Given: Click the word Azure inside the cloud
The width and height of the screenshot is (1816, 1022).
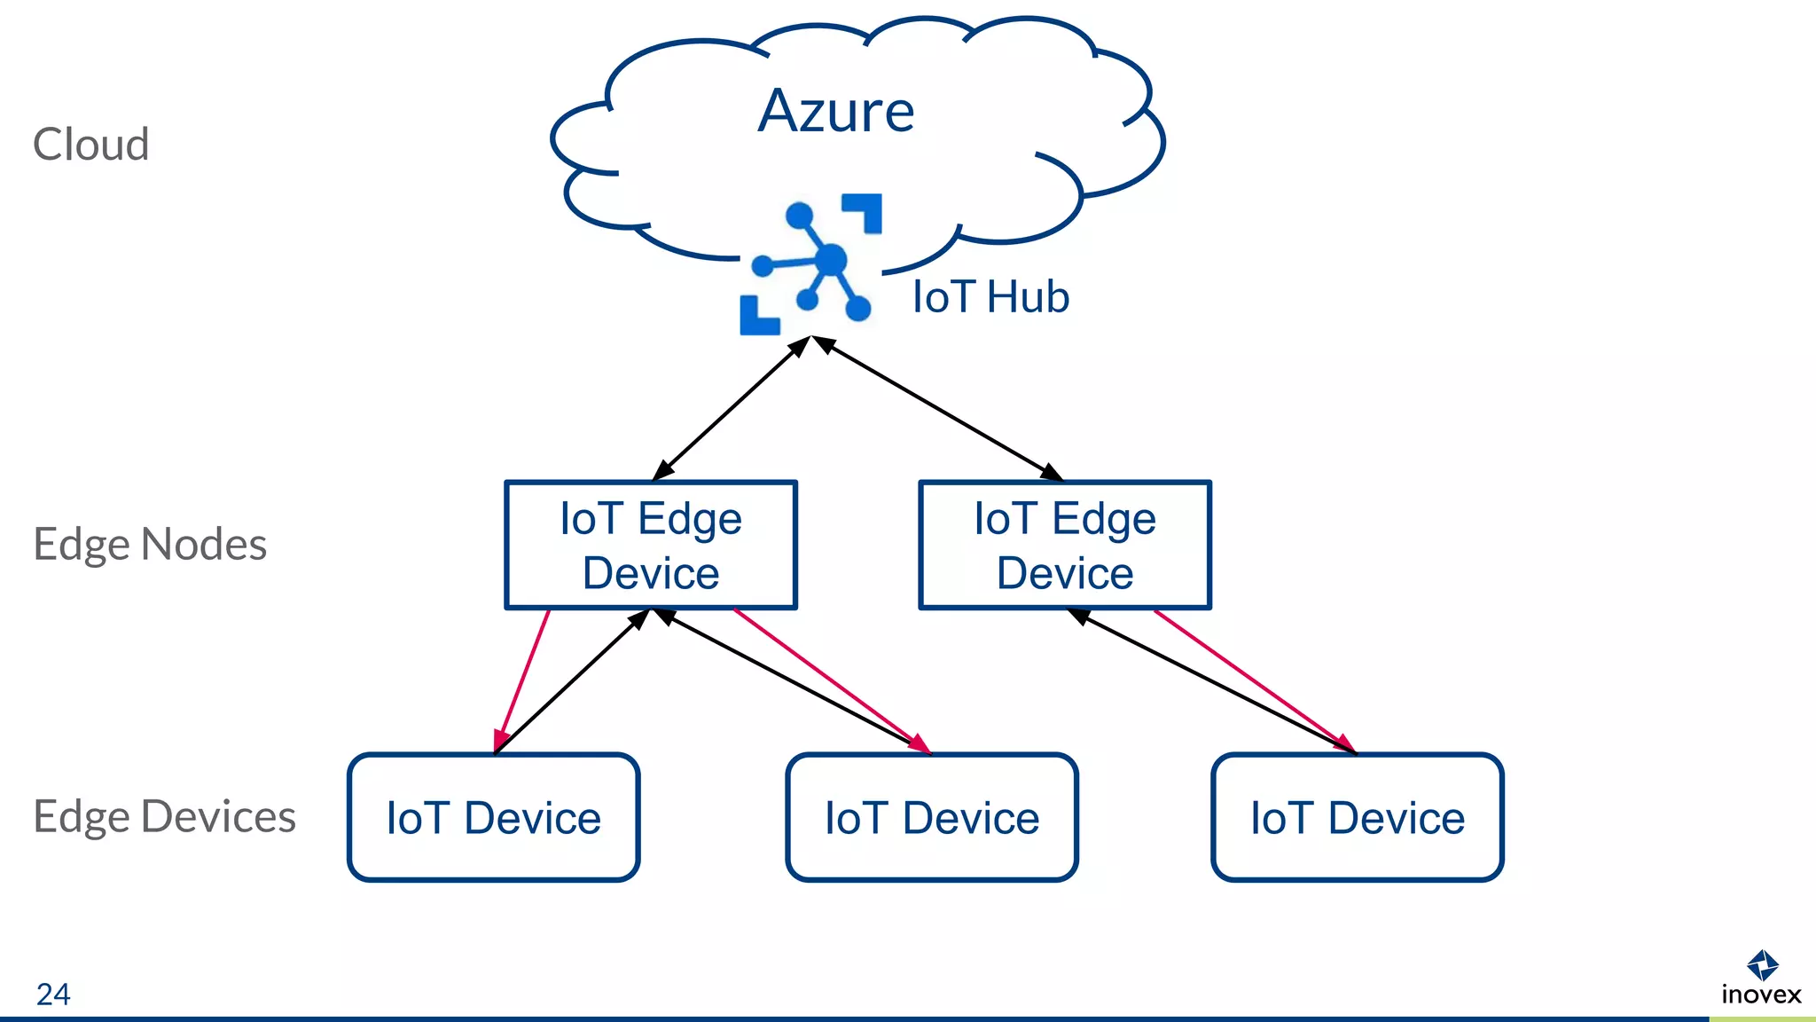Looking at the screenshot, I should pos(836,112).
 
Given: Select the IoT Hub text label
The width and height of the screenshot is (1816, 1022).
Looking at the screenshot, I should pos(990,297).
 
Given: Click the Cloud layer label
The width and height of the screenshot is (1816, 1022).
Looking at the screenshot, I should pos(90,145).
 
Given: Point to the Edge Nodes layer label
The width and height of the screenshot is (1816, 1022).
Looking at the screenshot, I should pos(149,544).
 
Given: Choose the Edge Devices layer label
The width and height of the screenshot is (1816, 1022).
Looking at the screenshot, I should pos(164,816).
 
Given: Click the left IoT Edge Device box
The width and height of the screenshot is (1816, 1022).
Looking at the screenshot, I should pos(651,546).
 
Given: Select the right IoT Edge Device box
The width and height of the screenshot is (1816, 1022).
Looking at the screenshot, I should pos(1064,546).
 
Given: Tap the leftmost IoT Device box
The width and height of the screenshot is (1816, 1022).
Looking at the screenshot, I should pos(493,817).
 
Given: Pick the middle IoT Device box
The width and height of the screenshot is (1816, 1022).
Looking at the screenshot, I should pos(931,817).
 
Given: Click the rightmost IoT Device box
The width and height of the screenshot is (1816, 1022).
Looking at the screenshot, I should pos(1357,817).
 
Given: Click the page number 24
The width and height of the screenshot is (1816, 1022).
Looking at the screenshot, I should pos(53,994).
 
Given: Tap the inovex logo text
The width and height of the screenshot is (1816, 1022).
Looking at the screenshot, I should pos(1761,994).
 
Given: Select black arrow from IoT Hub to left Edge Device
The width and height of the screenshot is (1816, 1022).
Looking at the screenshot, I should pos(732,408).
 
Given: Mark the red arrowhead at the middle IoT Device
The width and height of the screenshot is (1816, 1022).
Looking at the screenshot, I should pos(920,743).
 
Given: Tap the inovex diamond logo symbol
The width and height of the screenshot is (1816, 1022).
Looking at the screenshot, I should pos(1762,964).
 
